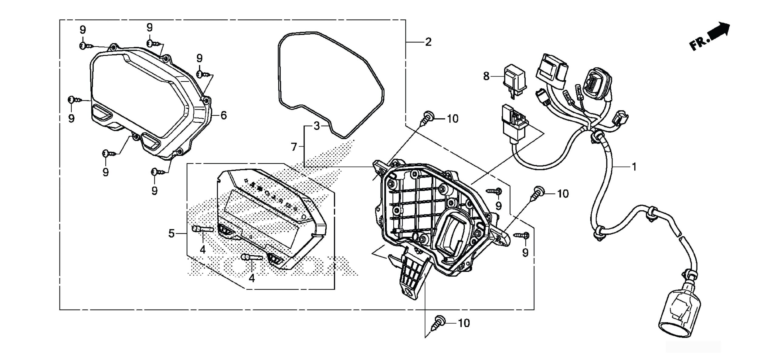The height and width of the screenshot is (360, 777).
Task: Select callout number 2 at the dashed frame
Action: (428, 42)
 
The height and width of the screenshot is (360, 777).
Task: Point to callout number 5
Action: (172, 233)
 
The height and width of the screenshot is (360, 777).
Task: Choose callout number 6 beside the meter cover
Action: (223, 115)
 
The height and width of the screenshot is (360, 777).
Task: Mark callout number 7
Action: (293, 147)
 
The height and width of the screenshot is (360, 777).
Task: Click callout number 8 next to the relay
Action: (486, 76)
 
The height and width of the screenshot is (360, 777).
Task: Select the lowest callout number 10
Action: (463, 323)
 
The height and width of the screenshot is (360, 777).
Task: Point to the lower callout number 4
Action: (252, 278)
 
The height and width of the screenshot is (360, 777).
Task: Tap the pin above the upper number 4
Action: (203, 229)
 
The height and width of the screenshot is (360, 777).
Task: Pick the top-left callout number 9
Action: (83, 30)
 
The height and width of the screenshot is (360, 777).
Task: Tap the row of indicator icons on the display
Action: (269, 195)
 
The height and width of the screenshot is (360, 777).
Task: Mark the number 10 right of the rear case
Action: (563, 194)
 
